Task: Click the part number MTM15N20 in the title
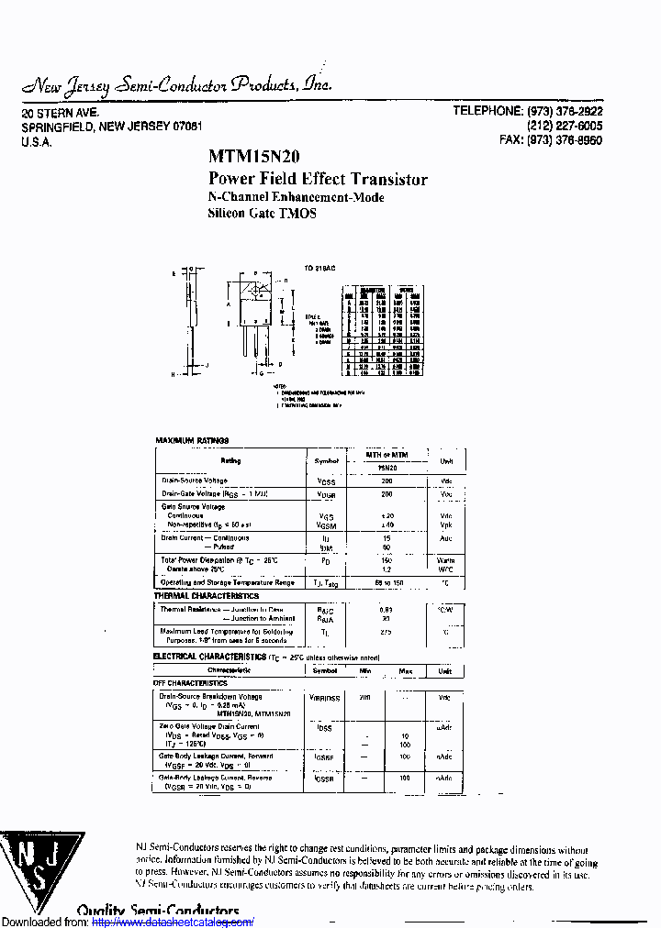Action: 253,157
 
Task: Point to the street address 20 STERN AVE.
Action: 60,112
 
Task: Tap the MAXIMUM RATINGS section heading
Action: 192,441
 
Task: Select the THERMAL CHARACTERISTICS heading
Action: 207,596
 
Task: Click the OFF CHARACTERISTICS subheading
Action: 190,683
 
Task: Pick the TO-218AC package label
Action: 319,268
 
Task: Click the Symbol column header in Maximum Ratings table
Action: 326,461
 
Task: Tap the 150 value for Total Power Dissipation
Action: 386,559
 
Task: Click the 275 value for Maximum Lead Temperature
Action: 386,632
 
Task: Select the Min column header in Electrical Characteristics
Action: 365,671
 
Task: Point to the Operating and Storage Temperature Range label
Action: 228,582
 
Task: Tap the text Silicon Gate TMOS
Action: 263,213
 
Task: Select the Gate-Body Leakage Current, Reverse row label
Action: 217,778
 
